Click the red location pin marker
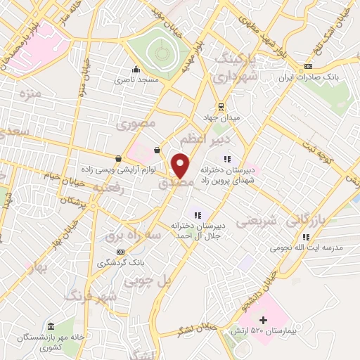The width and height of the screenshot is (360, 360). coord(180,165)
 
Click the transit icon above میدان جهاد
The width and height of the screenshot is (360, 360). coord(221,107)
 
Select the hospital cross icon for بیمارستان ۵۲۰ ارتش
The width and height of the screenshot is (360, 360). coord(264,321)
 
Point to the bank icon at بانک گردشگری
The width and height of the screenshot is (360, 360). coord(121,251)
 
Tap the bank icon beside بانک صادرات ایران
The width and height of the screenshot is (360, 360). coord(307,66)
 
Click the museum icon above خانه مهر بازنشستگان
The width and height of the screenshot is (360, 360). coord(51,326)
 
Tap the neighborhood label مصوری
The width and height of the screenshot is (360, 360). coord(137,124)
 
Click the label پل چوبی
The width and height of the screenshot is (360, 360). coord(148,280)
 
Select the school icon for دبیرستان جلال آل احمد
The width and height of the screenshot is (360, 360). coord(198,215)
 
